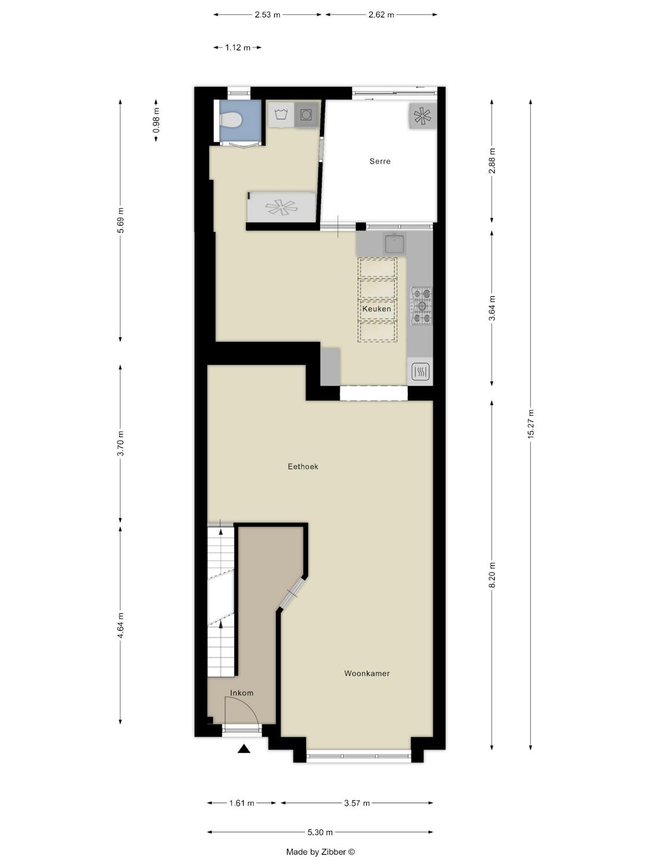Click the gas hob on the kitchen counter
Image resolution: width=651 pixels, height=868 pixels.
tap(422, 306)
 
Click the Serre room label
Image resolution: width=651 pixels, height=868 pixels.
tap(380, 161)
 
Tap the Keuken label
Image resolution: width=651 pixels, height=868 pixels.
tap(377, 309)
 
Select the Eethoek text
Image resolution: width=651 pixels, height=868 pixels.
tap(303, 466)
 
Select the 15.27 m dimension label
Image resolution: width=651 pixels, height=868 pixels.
tap(531, 424)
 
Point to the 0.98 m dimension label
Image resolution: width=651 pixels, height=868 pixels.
tap(156, 120)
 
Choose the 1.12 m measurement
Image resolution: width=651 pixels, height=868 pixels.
tap(238, 48)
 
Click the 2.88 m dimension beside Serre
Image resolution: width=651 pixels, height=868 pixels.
tap(492, 161)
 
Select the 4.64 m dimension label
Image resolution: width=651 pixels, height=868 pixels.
tap(120, 625)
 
